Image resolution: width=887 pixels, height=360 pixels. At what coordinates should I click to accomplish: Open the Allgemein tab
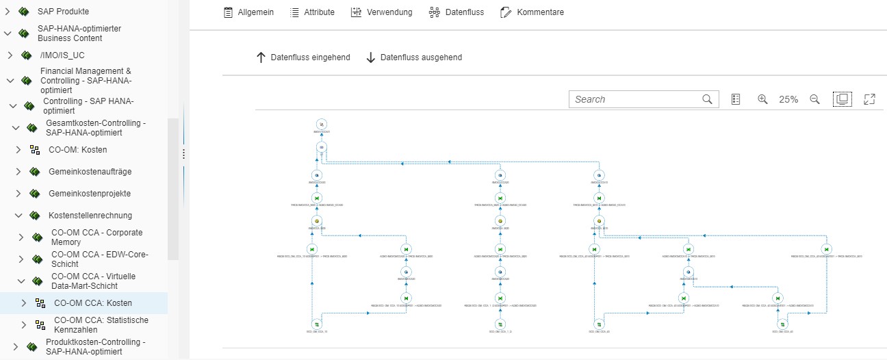(248, 12)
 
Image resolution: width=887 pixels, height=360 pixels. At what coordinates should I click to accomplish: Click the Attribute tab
(312, 12)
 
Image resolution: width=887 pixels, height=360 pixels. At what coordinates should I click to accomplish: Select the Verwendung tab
(381, 12)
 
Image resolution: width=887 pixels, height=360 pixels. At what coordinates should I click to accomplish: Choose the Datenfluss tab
(456, 12)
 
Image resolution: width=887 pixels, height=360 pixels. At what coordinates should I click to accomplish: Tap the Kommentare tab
(532, 12)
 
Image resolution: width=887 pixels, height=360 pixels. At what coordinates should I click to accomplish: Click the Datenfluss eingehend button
(303, 57)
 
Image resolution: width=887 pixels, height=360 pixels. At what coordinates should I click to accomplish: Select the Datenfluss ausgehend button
(413, 57)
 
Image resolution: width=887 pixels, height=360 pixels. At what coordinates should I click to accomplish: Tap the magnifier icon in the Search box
(708, 99)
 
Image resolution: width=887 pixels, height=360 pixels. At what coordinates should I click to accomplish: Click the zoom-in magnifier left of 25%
(762, 99)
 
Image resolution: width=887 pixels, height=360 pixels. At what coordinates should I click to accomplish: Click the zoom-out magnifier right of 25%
(814, 99)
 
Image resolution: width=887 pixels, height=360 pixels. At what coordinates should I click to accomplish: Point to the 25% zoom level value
(788, 99)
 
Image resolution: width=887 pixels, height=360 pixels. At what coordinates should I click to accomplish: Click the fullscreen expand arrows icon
(870, 99)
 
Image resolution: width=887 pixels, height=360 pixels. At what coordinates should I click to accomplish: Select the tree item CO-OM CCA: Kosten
(93, 303)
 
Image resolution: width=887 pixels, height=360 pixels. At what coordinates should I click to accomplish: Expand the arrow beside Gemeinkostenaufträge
(18, 172)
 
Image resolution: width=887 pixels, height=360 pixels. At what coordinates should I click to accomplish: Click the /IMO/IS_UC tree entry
(62, 55)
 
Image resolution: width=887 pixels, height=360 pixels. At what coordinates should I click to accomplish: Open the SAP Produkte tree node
(63, 12)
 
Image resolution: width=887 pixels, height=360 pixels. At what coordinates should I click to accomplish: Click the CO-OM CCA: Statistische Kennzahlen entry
(101, 324)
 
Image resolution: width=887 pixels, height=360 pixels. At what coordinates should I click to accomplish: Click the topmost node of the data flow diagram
(322, 124)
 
